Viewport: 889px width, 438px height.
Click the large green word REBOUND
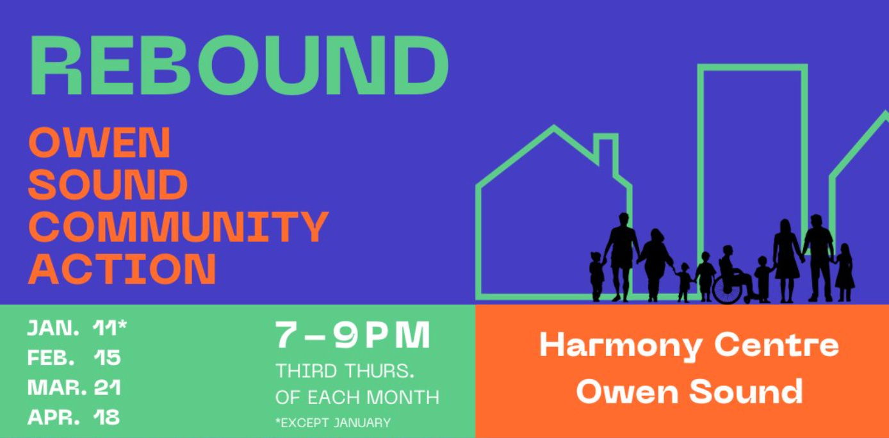point(238,65)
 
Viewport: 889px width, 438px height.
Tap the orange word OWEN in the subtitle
point(99,143)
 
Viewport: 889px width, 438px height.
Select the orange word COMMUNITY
point(178,227)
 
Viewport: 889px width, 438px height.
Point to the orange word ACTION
point(122,269)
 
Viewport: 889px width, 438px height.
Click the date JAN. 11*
point(77,328)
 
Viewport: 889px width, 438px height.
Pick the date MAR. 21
point(74,387)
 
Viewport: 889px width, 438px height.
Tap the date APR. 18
point(74,417)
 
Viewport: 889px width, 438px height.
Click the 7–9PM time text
point(353,336)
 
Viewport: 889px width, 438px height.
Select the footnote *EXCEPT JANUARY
point(333,423)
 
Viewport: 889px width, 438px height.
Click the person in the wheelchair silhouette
point(730,269)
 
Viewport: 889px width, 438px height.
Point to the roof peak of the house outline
point(553,128)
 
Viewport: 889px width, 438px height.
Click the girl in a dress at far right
point(845,272)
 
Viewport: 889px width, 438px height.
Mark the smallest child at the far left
point(596,275)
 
